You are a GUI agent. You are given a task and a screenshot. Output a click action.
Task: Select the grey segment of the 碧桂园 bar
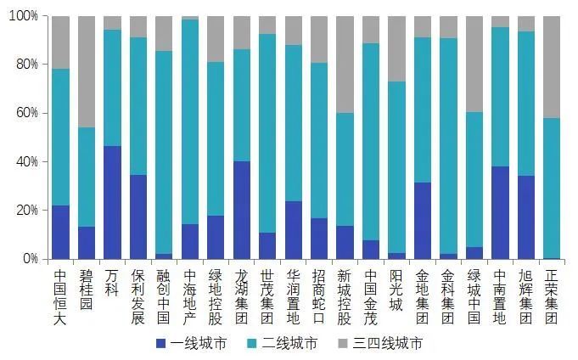87,71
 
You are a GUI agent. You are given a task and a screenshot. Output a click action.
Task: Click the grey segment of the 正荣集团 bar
552,67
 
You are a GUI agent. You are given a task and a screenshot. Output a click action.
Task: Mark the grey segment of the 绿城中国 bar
474,64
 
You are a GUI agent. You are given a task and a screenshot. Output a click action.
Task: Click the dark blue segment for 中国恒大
60,232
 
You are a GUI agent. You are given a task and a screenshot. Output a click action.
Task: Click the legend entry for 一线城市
191,344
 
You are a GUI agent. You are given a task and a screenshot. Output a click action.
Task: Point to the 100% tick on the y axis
23,16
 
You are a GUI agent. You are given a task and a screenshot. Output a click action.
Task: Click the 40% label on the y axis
25,161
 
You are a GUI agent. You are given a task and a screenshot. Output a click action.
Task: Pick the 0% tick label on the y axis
29,258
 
